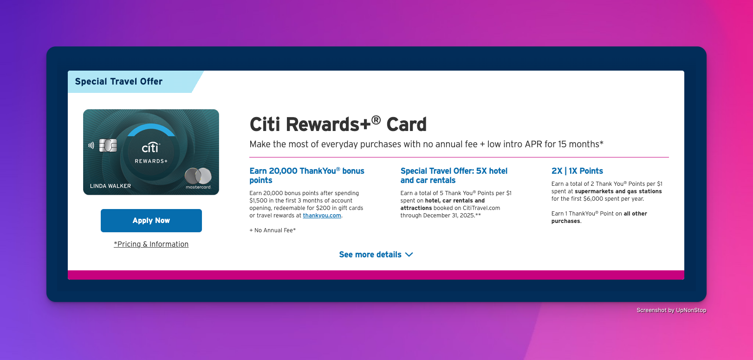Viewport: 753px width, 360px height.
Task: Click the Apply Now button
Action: click(x=151, y=220)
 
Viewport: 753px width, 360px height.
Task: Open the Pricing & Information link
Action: click(x=151, y=244)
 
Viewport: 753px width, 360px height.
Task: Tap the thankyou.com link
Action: click(x=322, y=216)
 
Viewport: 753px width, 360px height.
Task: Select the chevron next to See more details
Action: click(x=409, y=255)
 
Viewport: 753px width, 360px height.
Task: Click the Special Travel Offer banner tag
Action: click(x=119, y=81)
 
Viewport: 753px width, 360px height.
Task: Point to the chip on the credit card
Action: click(x=108, y=145)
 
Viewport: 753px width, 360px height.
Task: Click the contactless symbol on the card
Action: click(x=91, y=145)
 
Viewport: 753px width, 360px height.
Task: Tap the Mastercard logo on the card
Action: click(x=198, y=178)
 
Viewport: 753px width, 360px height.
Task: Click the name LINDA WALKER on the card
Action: click(x=110, y=186)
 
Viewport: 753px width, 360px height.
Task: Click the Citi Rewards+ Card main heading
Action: click(x=338, y=124)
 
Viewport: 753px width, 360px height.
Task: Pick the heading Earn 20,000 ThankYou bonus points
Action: click(x=306, y=175)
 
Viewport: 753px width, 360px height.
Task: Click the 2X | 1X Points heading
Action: click(x=577, y=171)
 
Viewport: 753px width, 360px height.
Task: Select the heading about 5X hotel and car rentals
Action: click(x=454, y=175)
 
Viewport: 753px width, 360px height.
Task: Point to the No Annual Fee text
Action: click(x=273, y=230)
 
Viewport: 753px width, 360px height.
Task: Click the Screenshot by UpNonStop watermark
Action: click(x=671, y=310)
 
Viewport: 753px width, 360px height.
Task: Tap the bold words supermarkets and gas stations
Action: click(x=618, y=191)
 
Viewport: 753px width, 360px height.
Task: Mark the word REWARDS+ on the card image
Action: click(x=151, y=161)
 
